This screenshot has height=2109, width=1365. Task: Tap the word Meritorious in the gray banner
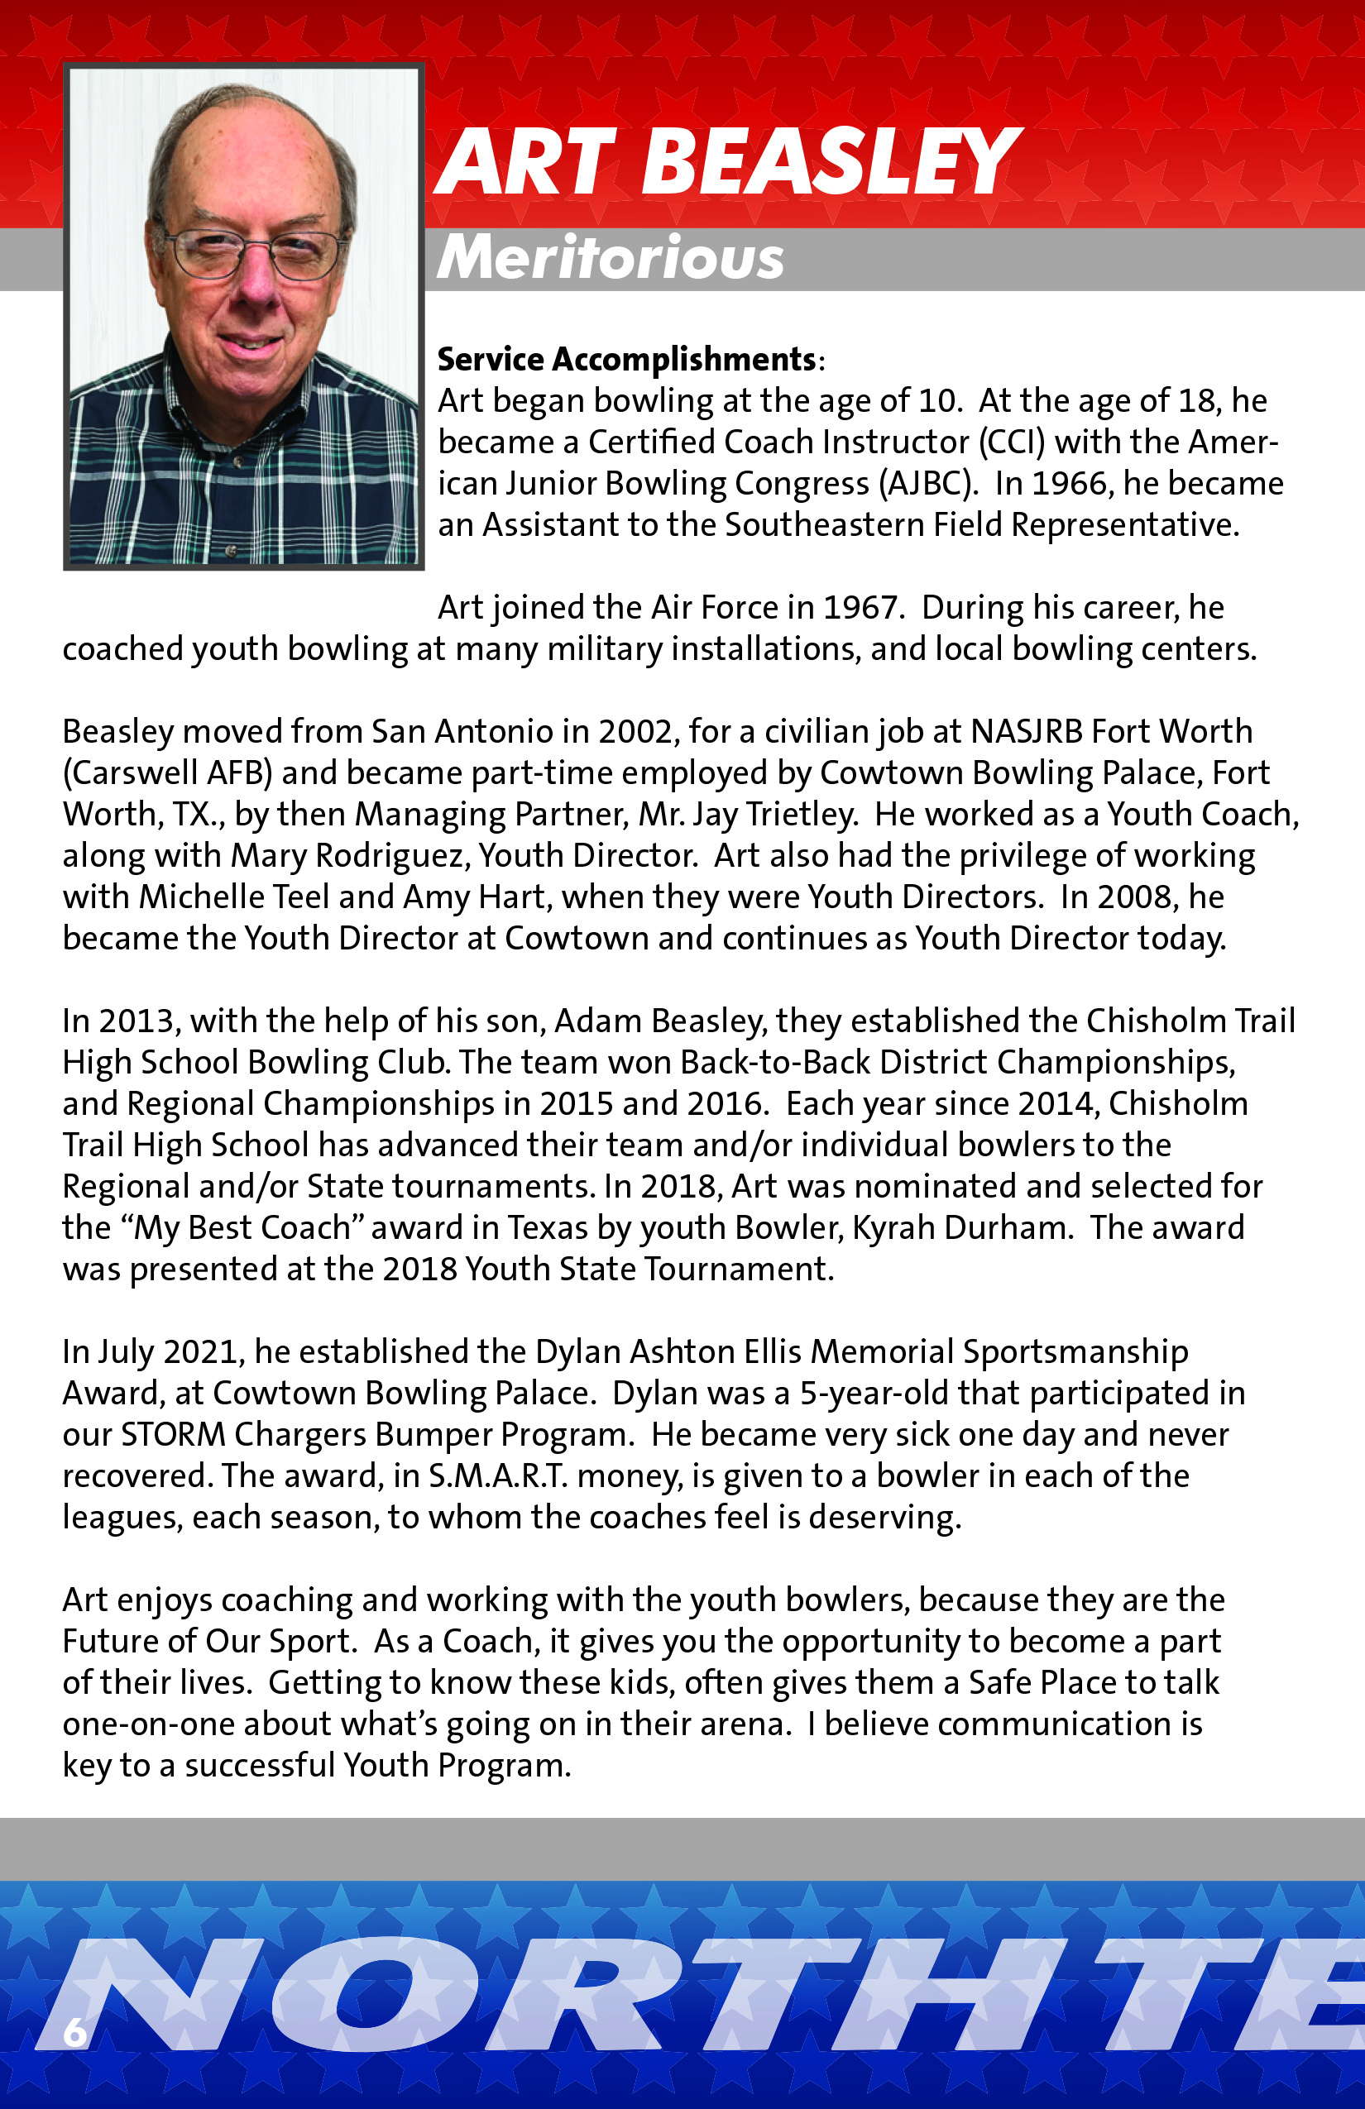tap(610, 258)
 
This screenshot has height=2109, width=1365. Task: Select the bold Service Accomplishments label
tap(625, 359)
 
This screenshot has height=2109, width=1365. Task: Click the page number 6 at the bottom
tap(74, 2031)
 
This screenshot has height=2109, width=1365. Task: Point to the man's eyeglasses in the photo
tap(251, 251)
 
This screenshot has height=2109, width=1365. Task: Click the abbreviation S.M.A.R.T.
tap(498, 1475)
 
